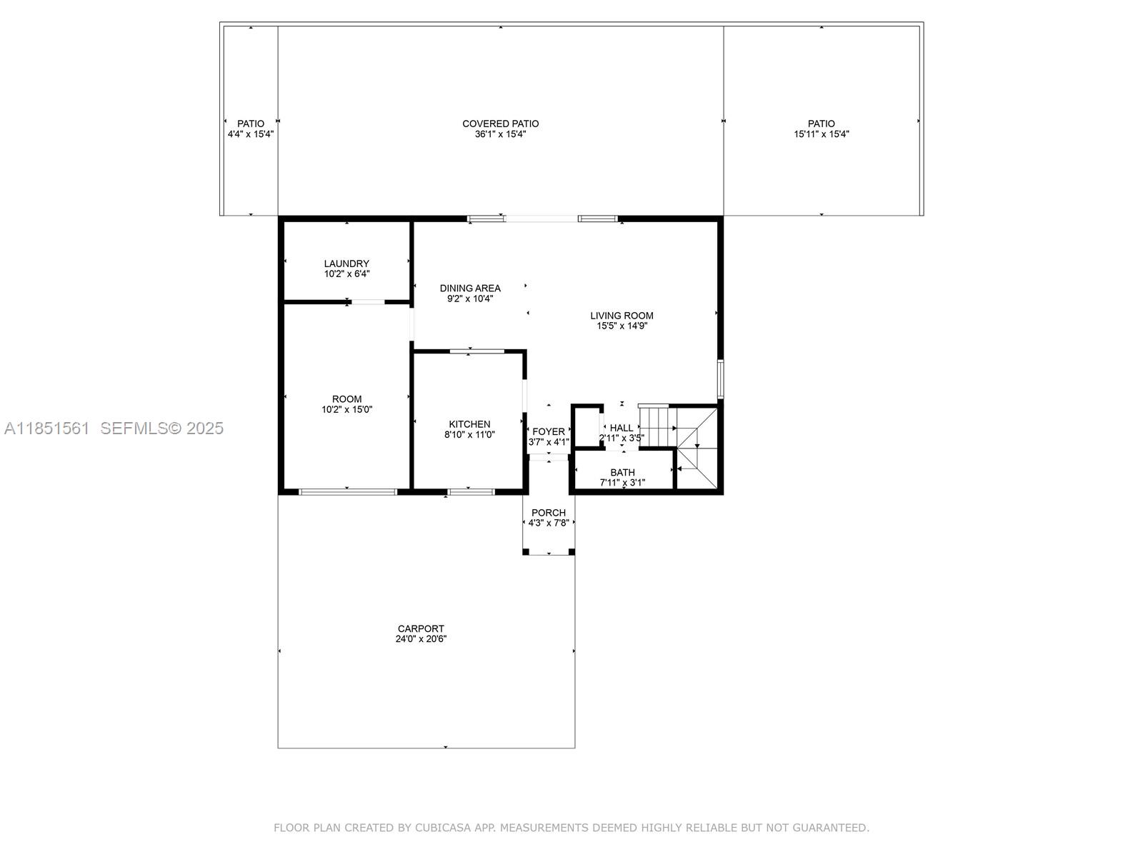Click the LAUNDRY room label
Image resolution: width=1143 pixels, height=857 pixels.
[346, 264]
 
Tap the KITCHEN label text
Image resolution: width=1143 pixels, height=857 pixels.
[469, 424]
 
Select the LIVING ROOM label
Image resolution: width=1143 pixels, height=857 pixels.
[622, 316]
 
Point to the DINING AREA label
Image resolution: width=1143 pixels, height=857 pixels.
[470, 289]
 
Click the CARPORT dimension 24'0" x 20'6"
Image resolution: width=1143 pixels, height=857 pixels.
[421, 639]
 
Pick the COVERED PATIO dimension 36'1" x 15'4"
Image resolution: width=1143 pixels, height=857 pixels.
[500, 134]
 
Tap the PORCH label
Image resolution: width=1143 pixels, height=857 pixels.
[549, 513]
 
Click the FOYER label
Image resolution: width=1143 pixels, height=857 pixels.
[549, 431]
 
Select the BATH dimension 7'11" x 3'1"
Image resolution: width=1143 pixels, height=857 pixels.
[622, 483]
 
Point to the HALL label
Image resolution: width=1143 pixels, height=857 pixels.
[622, 428]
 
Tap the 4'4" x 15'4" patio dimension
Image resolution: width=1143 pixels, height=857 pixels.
[250, 134]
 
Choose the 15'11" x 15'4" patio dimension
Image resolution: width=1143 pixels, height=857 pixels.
[822, 134]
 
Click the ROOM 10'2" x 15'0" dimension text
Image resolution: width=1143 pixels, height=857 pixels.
[346, 410]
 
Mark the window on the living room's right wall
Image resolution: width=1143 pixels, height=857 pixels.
[721, 379]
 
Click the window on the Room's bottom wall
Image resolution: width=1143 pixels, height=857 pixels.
[347, 491]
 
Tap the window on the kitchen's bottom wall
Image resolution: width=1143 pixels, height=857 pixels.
[471, 491]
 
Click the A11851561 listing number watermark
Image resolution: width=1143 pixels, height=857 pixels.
[47, 428]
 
